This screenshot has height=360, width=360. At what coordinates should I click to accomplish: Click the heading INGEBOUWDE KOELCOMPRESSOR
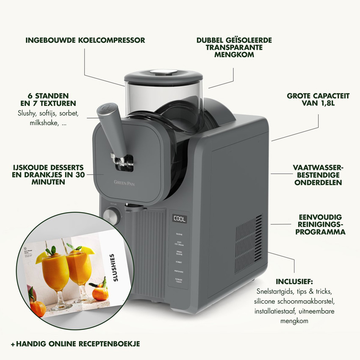(85, 41)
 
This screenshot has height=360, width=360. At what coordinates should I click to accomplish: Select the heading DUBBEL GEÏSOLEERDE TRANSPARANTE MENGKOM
(234, 47)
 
